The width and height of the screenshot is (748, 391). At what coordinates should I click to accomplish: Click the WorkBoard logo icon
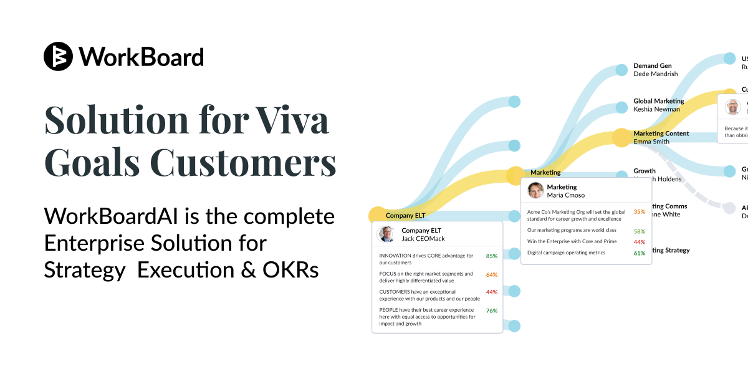coord(59,57)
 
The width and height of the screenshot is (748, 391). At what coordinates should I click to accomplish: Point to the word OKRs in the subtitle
coord(292,270)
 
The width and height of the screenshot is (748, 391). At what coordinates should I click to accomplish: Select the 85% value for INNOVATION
coord(491,256)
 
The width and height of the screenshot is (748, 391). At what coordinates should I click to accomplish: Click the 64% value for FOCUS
coord(491,274)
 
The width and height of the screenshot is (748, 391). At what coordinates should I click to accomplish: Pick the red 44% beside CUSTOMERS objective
coord(491,292)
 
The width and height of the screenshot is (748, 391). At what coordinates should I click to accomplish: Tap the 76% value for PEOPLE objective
coord(491,311)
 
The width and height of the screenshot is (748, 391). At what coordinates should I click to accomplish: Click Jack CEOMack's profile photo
coord(387,234)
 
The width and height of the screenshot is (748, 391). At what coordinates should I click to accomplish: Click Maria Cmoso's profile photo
coord(535,190)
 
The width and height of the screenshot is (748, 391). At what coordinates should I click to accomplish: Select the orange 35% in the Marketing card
coord(639,212)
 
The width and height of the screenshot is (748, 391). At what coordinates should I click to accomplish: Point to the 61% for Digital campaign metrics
coord(639,253)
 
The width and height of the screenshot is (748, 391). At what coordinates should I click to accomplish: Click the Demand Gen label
coord(652,65)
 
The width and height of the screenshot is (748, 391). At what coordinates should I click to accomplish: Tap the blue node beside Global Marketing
coord(621,107)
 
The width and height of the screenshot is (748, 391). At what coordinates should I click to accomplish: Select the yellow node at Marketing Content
coord(621,137)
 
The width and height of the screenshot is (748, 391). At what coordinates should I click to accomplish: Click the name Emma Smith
coord(651,142)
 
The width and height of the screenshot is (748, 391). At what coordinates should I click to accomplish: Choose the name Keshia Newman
coord(656,109)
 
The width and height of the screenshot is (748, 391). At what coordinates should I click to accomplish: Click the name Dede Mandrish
coord(655,74)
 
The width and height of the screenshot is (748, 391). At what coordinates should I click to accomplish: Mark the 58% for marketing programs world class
coord(639,231)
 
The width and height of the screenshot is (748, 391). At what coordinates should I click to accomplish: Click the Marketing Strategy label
coord(669,250)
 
